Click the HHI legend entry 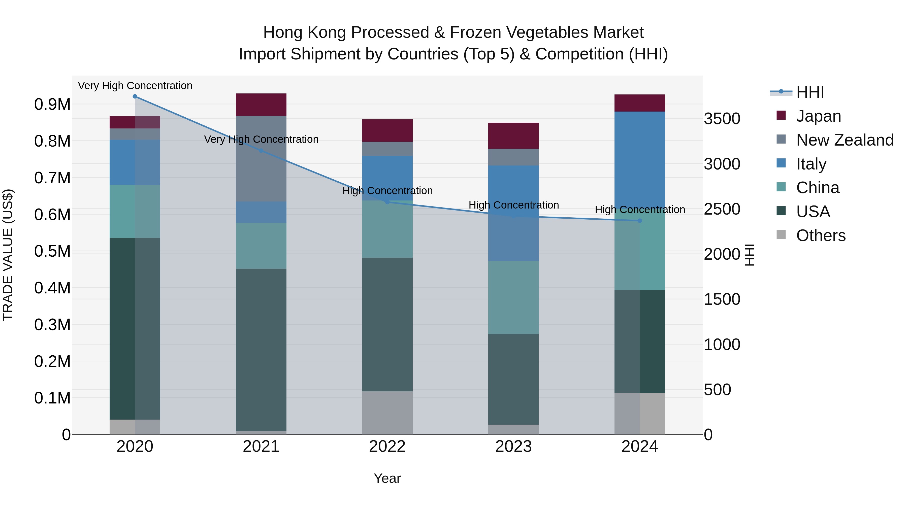coord(809,92)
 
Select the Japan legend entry coord(818,116)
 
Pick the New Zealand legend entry coord(844,140)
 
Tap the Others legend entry coord(820,235)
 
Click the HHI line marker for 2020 coord(135,96)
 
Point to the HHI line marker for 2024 coord(640,221)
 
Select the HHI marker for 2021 coord(261,151)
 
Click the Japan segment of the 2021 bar coord(261,105)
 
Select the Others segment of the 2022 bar coord(387,413)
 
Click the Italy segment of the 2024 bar coord(640,158)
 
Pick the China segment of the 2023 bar coord(513,297)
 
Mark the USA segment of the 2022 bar coord(387,324)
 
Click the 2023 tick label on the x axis coord(513,447)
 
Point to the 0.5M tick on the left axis coord(52,251)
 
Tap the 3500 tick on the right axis coord(722,119)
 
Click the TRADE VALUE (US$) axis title coord(8,255)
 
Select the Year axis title coord(387,478)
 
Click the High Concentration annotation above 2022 coord(387,191)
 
